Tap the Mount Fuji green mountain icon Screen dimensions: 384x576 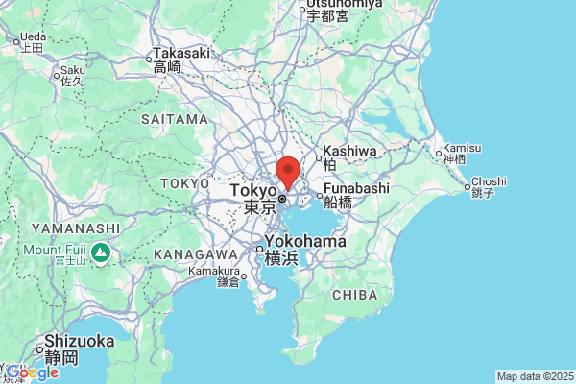click(103, 252)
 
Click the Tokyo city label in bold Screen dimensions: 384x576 click(254, 191)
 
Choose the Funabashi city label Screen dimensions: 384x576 click(356, 189)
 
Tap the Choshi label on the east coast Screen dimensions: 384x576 click(488, 181)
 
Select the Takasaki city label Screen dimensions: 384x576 click(181, 53)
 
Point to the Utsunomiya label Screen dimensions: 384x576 click(341, 5)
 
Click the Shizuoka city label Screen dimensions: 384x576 click(80, 342)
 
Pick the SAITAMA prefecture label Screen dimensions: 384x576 click(174, 119)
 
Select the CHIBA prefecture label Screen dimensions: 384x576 click(355, 295)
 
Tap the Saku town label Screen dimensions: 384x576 click(73, 70)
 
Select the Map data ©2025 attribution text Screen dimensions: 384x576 click(534, 376)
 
